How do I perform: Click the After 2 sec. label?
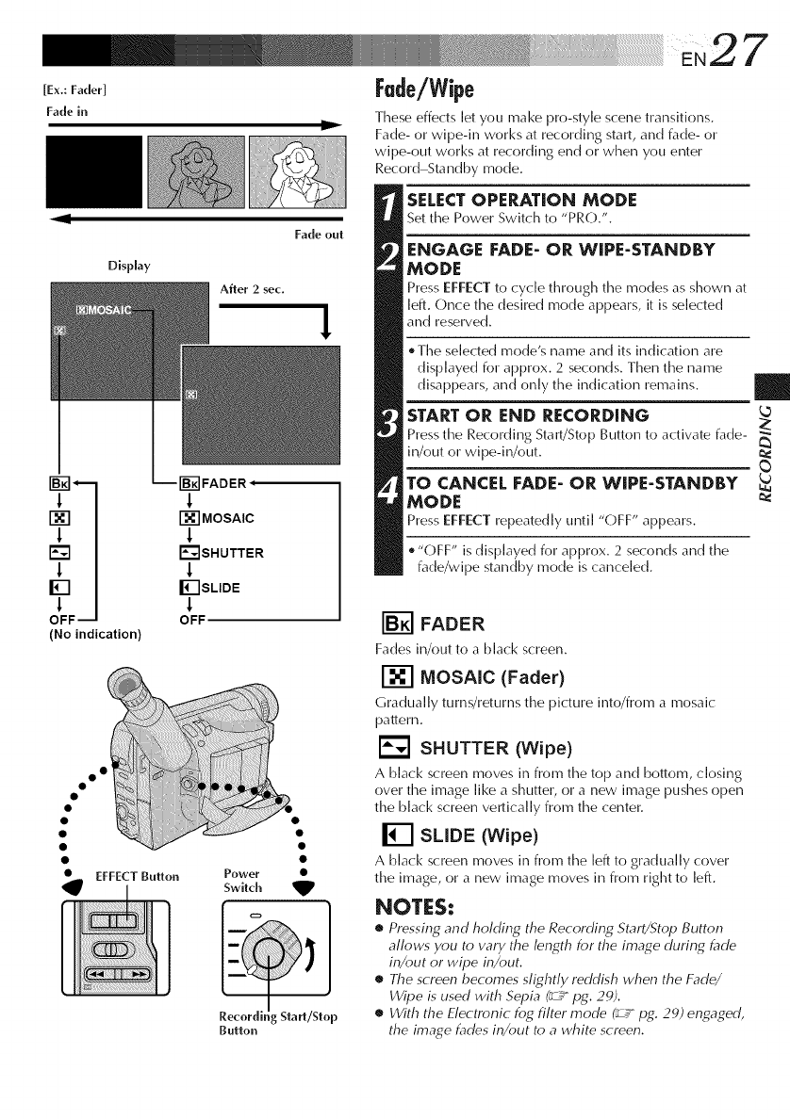[250, 288]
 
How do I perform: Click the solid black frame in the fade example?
[86, 175]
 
